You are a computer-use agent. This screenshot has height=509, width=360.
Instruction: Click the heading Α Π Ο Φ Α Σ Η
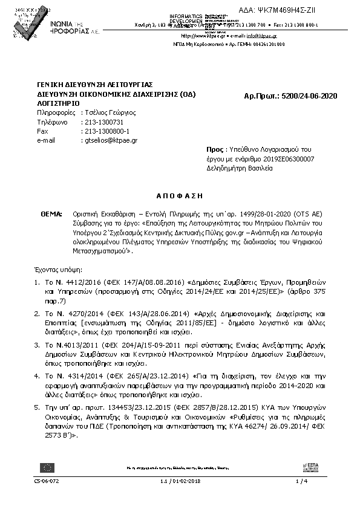179,196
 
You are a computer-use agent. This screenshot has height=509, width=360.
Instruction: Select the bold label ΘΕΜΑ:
51,214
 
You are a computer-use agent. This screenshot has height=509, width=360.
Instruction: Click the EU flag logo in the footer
47,466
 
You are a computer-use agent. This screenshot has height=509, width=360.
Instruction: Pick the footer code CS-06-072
47,481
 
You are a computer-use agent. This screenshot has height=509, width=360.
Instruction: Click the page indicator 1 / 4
301,481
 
